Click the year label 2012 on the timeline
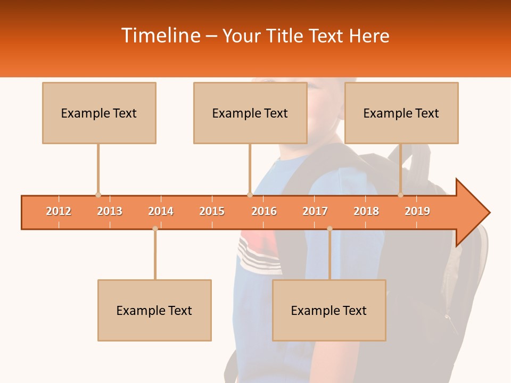tap(59, 212)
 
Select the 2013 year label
tap(110, 212)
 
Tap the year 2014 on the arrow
tap(161, 212)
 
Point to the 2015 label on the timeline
tap(212, 212)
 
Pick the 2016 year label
tap(264, 212)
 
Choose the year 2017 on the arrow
tap(315, 212)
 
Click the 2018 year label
tap(366, 212)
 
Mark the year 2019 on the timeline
tap(417, 212)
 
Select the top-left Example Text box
tap(99, 113)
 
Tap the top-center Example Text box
tap(250, 113)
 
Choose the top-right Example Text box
tap(401, 113)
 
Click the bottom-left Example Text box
tap(154, 311)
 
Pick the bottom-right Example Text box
tap(329, 311)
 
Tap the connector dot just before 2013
tap(98, 195)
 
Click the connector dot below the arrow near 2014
tap(155, 229)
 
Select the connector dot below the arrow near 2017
tap(329, 229)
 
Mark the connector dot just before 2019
tap(401, 195)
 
